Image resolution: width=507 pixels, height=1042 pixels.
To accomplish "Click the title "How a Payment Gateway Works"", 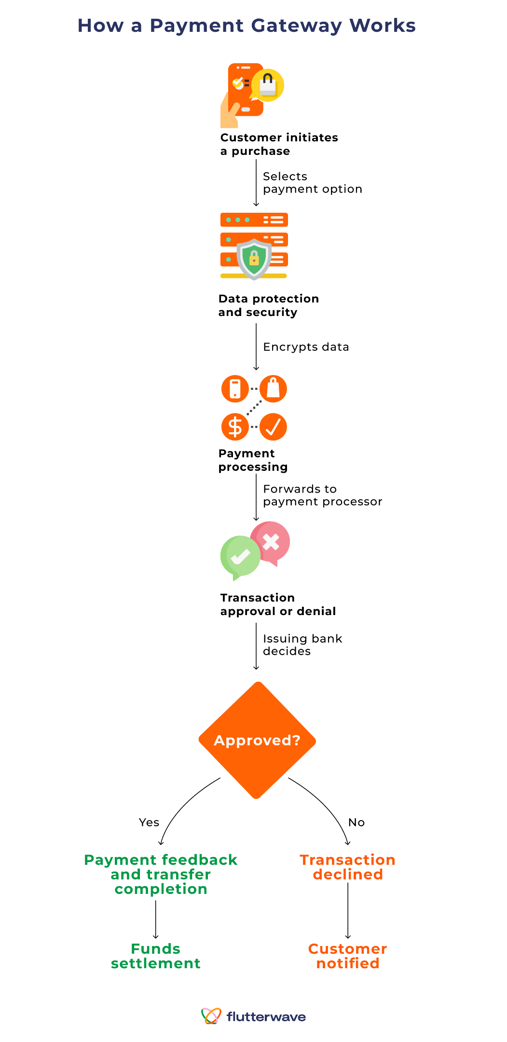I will click(x=247, y=26).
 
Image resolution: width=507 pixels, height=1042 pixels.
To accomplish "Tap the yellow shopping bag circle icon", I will click(x=268, y=85).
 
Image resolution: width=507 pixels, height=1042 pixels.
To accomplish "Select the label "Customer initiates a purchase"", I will click(x=279, y=144).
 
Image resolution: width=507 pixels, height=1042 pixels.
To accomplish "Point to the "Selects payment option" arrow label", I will click(x=312, y=183).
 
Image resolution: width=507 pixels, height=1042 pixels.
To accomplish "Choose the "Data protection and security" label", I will click(x=268, y=305).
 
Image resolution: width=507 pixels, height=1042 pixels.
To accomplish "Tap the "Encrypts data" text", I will click(x=306, y=347).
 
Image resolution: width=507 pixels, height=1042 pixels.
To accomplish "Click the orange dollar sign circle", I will click(x=235, y=427).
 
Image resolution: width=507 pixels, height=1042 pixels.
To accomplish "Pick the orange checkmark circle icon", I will click(x=273, y=427).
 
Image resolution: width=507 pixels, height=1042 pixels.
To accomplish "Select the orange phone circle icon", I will click(x=235, y=389).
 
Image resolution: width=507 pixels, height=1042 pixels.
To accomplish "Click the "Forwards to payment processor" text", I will click(x=322, y=495).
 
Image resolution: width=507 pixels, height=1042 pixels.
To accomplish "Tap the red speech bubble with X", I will click(x=271, y=542).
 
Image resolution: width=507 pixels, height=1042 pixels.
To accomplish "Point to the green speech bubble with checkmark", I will click(x=240, y=557).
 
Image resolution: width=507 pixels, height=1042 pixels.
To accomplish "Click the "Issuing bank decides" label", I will click(x=302, y=645).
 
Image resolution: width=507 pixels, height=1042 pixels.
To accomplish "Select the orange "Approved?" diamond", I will click(x=257, y=740).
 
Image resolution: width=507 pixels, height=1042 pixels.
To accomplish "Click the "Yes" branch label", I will click(x=149, y=823).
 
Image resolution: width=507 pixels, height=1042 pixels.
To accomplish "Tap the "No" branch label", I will click(x=356, y=823).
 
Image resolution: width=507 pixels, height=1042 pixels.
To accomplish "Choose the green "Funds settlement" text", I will click(x=155, y=956).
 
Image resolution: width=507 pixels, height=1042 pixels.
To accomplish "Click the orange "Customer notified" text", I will click(x=347, y=956).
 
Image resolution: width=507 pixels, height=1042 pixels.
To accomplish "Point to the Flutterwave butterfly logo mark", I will click(x=211, y=1016).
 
